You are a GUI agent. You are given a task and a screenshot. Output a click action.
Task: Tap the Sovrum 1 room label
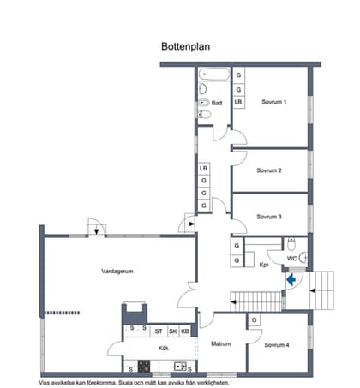[273, 102]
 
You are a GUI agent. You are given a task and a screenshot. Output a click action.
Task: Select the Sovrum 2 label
[269, 170]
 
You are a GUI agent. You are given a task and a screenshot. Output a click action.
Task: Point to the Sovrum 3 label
[269, 217]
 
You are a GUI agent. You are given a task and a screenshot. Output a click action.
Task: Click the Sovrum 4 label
[277, 345]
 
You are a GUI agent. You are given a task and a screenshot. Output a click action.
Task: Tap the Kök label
[163, 349]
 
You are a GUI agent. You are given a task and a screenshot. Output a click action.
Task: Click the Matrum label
[222, 344]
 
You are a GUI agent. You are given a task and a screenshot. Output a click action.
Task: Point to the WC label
[291, 258]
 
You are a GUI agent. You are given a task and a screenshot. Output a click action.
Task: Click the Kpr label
[264, 265]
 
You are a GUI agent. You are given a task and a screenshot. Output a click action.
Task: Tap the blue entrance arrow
[291, 279]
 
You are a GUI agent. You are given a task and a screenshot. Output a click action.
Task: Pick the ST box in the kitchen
[159, 331]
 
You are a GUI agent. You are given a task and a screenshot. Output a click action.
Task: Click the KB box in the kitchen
[184, 331]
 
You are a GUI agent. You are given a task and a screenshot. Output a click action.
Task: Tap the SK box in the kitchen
[172, 331]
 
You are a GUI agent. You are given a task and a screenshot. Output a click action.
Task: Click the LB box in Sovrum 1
[238, 102]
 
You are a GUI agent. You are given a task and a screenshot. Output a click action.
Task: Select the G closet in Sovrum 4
[255, 321]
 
